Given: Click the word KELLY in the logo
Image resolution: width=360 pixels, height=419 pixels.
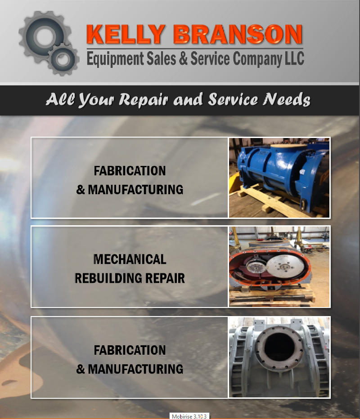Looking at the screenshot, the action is pyautogui.click(x=126, y=34).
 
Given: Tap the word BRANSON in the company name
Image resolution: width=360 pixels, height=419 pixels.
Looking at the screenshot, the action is pyautogui.click(x=238, y=34).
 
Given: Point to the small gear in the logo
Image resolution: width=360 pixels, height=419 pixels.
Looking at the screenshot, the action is pyautogui.click(x=63, y=59).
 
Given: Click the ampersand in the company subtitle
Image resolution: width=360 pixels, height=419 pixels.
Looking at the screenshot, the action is pyautogui.click(x=183, y=58).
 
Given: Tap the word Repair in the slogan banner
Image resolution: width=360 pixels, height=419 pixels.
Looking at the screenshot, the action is pyautogui.click(x=144, y=100).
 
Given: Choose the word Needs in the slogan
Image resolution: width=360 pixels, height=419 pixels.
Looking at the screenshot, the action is pyautogui.click(x=287, y=99).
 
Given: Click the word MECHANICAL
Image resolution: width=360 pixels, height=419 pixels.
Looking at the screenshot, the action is pyautogui.click(x=130, y=259).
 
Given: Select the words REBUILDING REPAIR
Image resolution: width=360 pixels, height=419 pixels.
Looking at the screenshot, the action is pyautogui.click(x=130, y=278).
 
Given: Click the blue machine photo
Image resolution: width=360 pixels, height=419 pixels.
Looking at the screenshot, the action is pyautogui.click(x=279, y=178).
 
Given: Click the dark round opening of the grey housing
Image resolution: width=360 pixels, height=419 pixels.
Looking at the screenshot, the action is pyautogui.click(x=279, y=348).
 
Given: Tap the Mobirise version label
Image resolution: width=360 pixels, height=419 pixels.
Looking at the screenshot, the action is pyautogui.click(x=189, y=416).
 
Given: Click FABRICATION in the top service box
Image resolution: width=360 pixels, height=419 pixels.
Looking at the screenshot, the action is pyautogui.click(x=130, y=171).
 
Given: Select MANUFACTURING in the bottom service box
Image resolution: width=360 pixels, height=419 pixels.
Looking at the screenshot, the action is pyautogui.click(x=135, y=369).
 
